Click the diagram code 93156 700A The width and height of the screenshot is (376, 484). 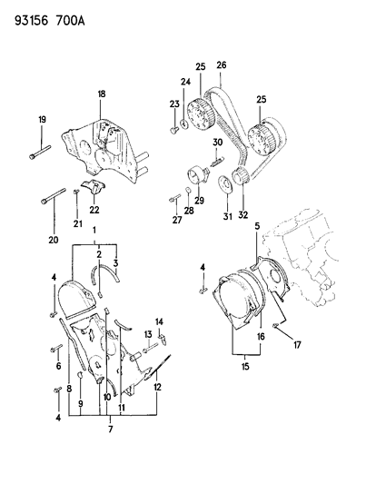coord(50,21)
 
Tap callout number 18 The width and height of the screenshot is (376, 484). coord(101,94)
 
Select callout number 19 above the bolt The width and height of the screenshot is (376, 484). coord(42,119)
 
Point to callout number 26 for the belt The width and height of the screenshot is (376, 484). coord(222,65)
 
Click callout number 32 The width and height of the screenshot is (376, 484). coord(243,215)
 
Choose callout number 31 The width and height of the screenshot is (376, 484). coord(228,216)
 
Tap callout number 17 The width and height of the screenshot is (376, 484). coord(297,345)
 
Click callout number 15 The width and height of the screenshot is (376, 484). coord(245,367)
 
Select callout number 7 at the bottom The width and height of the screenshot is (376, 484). coord(111,429)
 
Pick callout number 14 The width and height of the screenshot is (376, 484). coord(159,322)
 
